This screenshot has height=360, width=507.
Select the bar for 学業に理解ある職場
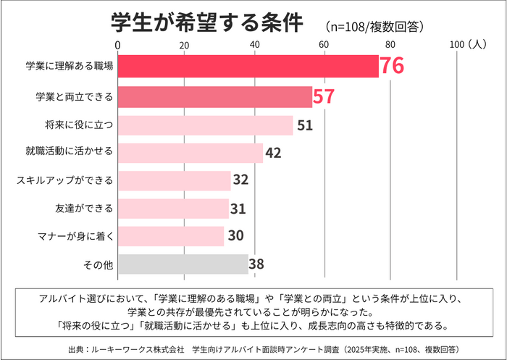pyautogui.click(x=248, y=66)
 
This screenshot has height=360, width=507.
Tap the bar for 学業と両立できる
pyautogui.click(x=214, y=96)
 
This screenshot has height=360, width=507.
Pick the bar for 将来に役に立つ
pyautogui.click(x=205, y=125)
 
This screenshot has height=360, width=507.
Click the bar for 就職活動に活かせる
pyautogui.click(x=190, y=153)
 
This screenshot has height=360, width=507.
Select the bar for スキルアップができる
pyautogui.click(x=174, y=180)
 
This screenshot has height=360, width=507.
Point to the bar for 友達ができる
pyautogui.click(x=172, y=209)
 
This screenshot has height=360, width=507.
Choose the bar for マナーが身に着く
pyautogui.click(x=171, y=236)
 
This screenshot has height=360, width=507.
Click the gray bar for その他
pyautogui.click(x=183, y=264)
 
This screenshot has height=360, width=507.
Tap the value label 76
pyautogui.click(x=391, y=66)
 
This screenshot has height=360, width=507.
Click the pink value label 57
pyautogui.click(x=323, y=96)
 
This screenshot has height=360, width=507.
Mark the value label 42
pyautogui.click(x=273, y=153)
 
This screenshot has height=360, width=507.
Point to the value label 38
pyautogui.click(x=256, y=264)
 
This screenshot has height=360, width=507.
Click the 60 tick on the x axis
pyautogui.click(x=323, y=45)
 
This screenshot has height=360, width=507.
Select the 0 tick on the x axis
pyautogui.click(x=117, y=45)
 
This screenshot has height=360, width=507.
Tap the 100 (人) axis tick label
pyautogui.click(x=465, y=45)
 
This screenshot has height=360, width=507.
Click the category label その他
pyautogui.click(x=99, y=264)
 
